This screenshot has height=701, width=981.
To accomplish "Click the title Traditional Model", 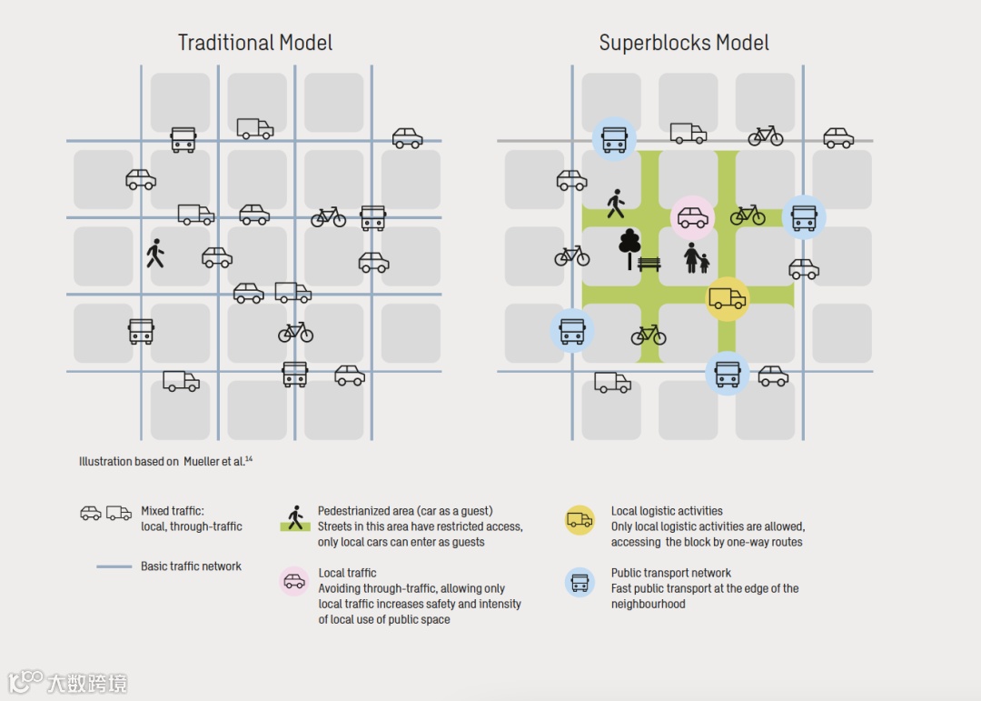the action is [255, 43].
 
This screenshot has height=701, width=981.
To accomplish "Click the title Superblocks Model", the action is [684, 43].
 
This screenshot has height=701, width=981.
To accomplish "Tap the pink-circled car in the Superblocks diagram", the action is [693, 217].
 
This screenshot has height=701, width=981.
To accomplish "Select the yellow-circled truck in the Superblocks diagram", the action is [728, 299].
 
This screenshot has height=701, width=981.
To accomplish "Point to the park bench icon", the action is [649, 264].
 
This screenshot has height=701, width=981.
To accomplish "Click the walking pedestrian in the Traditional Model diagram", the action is [155, 253].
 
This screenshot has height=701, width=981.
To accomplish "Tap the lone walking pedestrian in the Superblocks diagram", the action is [616, 204].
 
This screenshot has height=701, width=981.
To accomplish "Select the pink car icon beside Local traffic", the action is [294, 581].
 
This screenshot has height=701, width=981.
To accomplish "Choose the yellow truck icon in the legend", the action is [580, 520].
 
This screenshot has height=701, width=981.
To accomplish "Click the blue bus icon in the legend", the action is [580, 582].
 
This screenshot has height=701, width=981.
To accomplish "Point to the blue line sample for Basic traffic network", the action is [114, 566].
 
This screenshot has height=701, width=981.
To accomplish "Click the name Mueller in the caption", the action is [202, 462].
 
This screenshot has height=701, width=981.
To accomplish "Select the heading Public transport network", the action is [670, 573].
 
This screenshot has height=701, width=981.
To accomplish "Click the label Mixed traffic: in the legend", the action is [173, 511].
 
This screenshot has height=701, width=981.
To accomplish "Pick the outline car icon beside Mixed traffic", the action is [91, 513].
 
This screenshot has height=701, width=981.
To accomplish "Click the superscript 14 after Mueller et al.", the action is [248, 459].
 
